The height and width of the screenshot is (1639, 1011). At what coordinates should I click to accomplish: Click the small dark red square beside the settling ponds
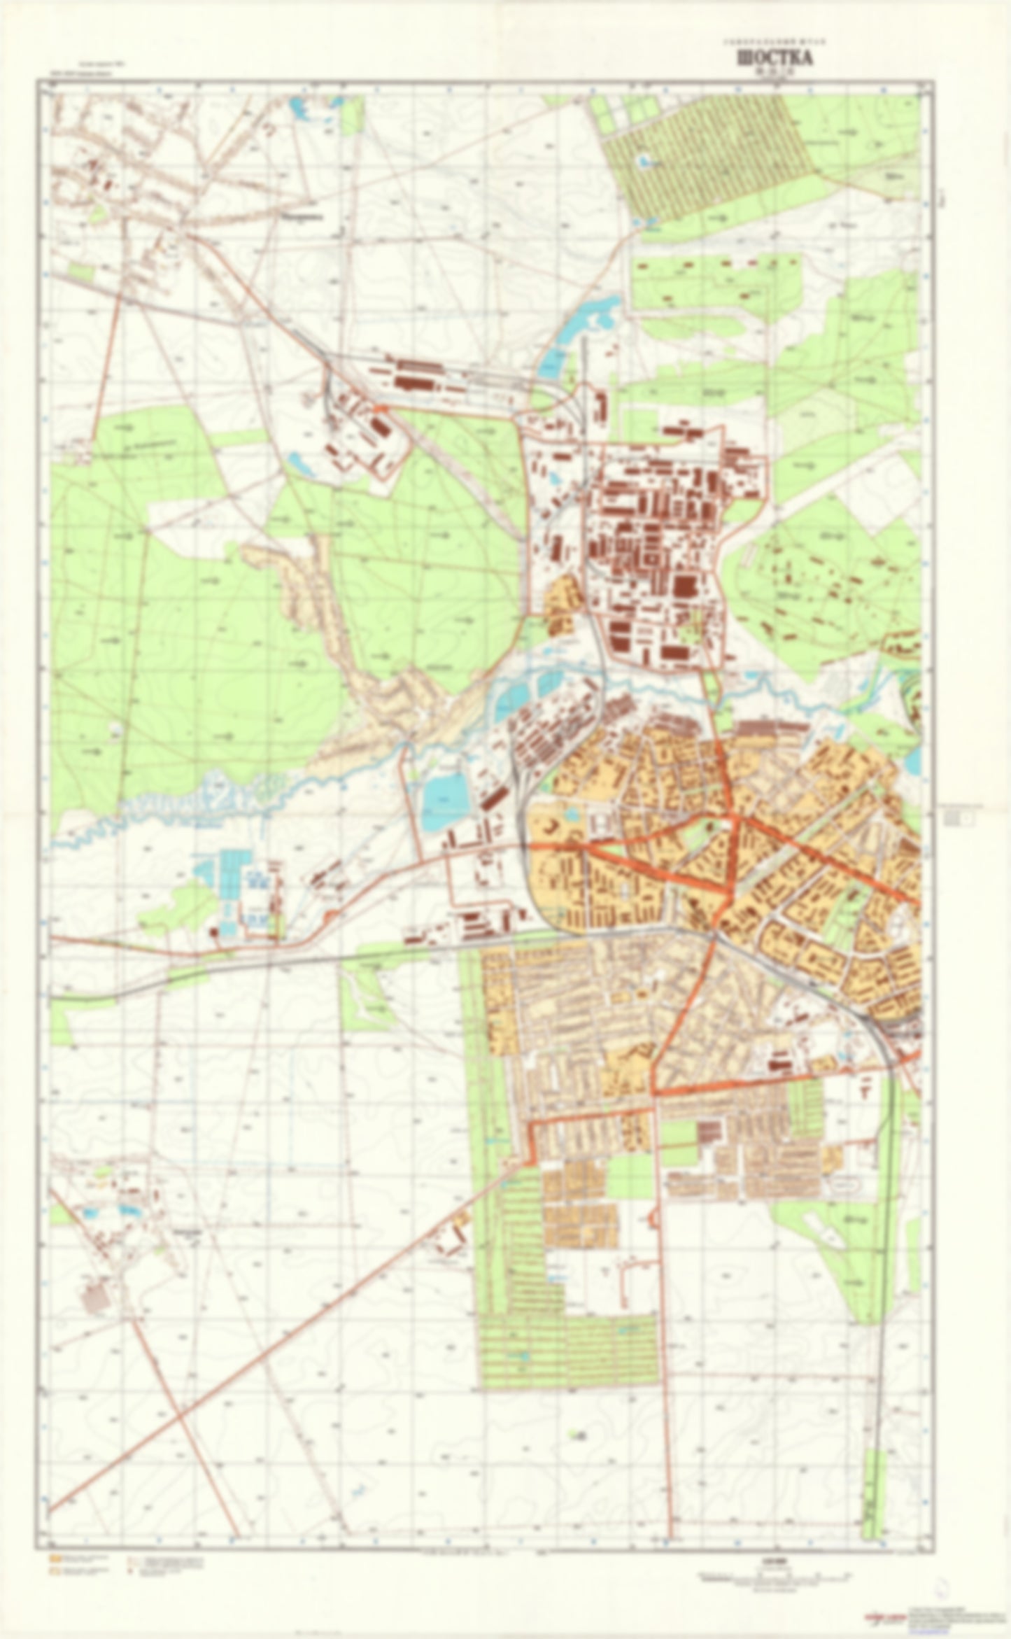tap(213, 933)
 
